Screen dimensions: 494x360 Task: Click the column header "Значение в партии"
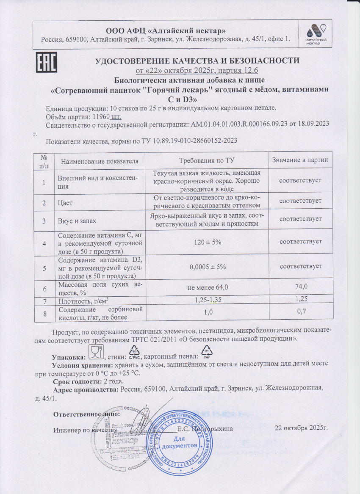pyautogui.click(x=300, y=160)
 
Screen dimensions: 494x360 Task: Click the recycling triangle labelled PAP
pyautogui.click(x=208, y=351)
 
